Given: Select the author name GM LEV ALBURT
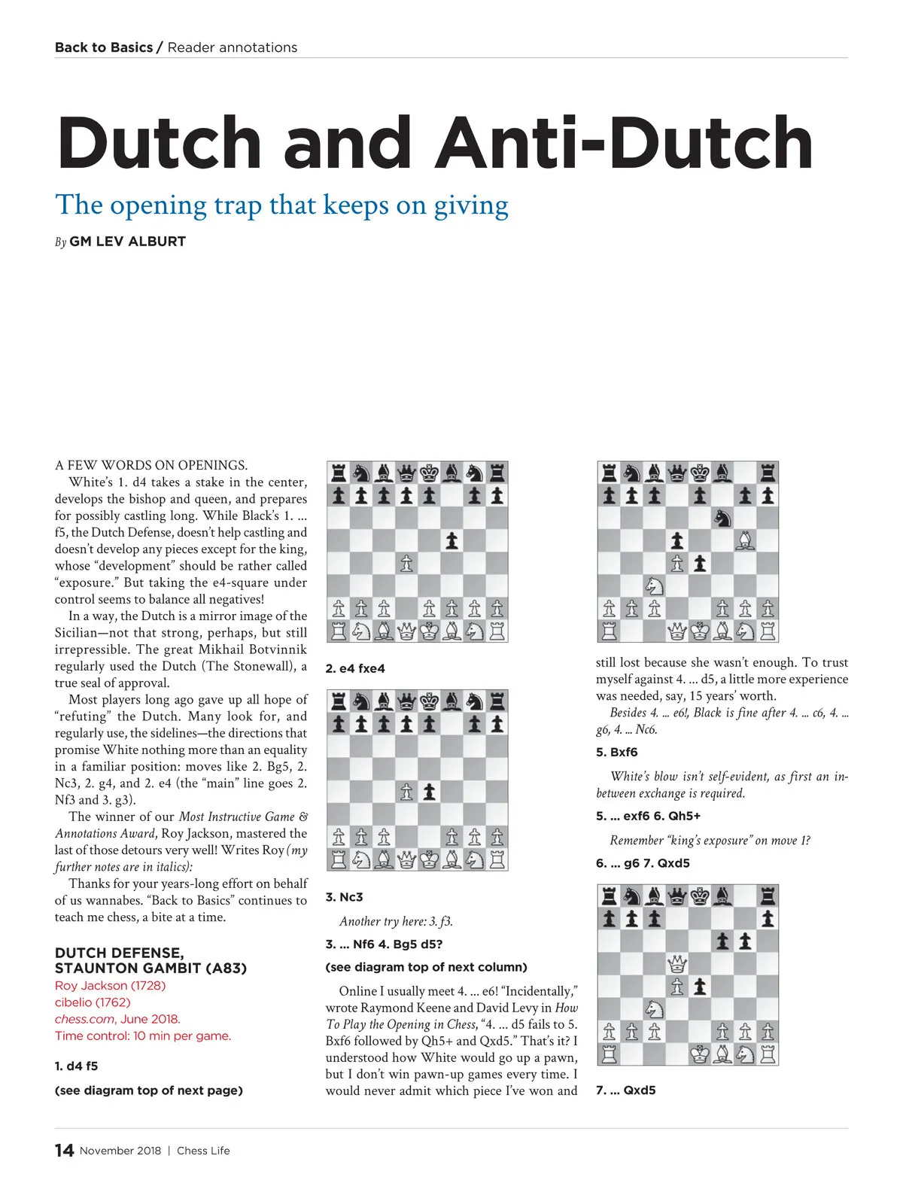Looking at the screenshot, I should [x=127, y=242].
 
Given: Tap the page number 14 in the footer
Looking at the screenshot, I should [x=64, y=1150].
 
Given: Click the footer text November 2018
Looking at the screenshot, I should [x=120, y=1151].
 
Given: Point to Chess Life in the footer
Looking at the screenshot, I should [x=203, y=1151].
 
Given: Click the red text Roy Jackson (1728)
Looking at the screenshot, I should [x=110, y=985].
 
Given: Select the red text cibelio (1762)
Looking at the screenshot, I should [x=93, y=1002].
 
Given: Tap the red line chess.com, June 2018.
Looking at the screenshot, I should [x=117, y=1019].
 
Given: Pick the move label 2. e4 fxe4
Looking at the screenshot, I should [x=355, y=668].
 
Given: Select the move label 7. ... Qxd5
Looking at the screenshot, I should [x=625, y=1090].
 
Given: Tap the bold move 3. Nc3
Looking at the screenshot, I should [x=344, y=897].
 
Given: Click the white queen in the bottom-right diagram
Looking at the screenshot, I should [x=677, y=963].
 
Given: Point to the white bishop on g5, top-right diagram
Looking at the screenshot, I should [x=745, y=540].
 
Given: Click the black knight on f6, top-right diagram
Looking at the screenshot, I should [x=722, y=518].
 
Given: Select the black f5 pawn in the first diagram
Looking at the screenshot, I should [x=451, y=540].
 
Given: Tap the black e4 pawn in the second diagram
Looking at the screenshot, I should [x=429, y=792].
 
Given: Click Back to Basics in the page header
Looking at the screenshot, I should [x=104, y=47].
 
